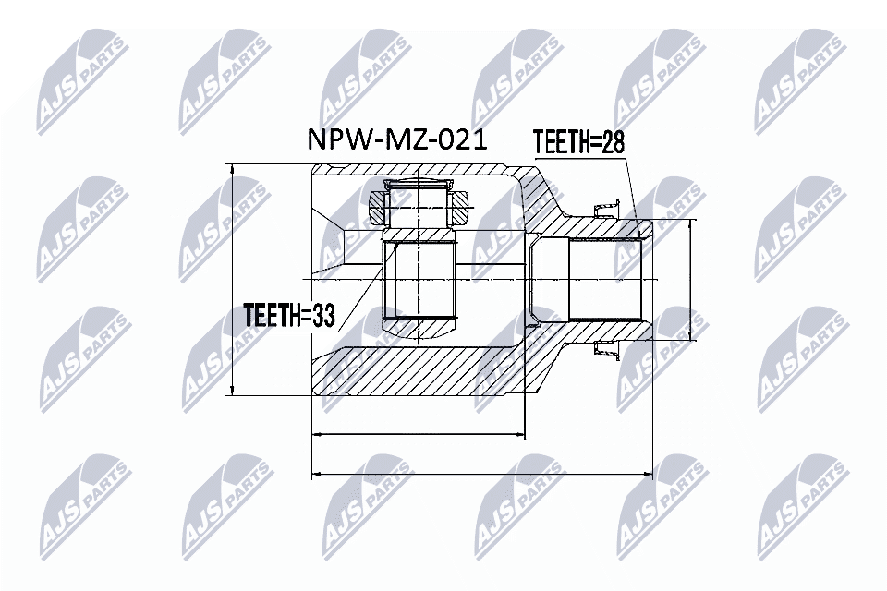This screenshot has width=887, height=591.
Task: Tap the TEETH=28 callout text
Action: pos(578,143)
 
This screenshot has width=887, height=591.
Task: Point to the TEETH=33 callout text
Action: pos(287,314)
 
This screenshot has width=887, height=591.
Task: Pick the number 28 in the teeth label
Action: pos(613,143)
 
